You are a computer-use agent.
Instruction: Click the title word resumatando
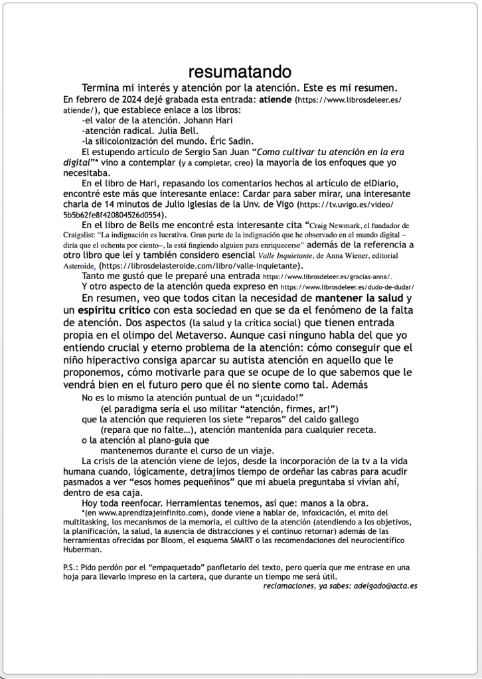click(240, 72)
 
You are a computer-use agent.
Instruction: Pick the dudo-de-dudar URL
click(348, 287)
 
